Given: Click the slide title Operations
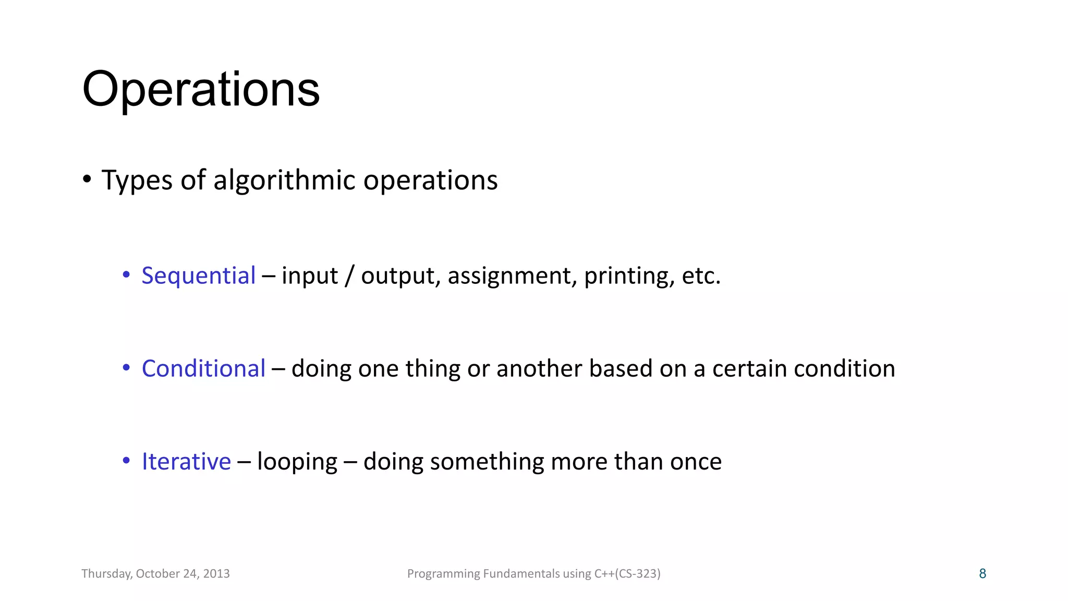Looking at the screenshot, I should tap(201, 90).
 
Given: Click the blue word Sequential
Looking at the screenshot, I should tap(198, 275).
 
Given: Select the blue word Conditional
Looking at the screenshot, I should tap(203, 368).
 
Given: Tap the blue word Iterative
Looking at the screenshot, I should tap(186, 462).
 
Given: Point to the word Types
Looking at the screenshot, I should tap(137, 181).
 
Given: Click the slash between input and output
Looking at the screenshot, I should tap(349, 275).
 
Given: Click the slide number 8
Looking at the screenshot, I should tap(982, 574).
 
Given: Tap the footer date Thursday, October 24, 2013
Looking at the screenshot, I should tap(155, 574).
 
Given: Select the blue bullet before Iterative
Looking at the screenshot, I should tap(126, 461).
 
